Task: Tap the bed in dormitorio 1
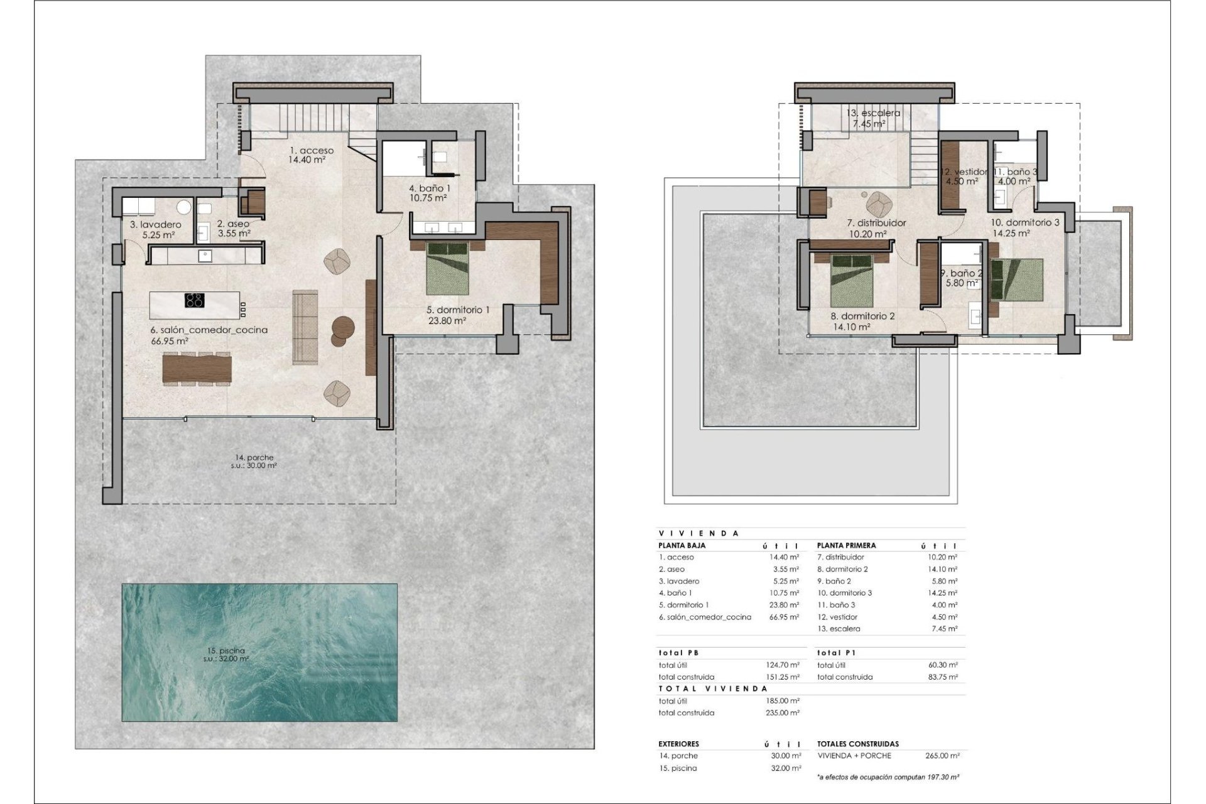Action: click(x=448, y=269)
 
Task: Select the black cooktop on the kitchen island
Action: click(x=195, y=300)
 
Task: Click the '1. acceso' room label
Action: click(x=312, y=151)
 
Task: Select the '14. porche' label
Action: click(x=255, y=457)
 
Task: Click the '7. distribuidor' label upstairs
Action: click(x=876, y=223)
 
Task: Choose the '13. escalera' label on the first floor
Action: click(x=873, y=113)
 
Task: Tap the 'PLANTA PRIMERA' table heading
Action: click(x=847, y=545)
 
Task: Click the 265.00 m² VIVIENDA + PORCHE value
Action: click(x=942, y=756)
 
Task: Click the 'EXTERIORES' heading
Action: click(x=679, y=744)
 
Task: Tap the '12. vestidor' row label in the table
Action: click(x=837, y=617)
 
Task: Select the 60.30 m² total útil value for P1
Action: click(x=943, y=665)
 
